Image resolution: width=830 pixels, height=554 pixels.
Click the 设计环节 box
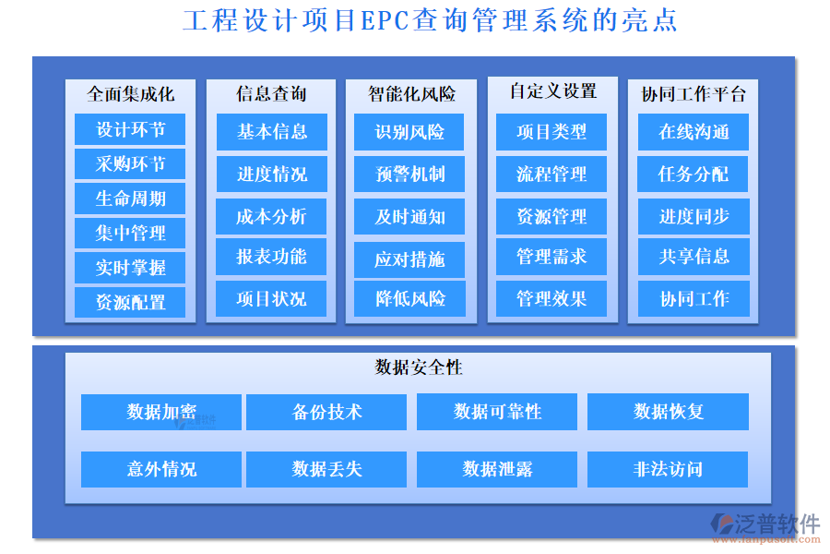point(130,130)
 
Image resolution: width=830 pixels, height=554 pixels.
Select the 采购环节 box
point(130,164)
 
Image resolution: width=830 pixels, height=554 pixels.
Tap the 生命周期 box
point(130,199)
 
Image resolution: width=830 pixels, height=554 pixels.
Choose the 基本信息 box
point(271,131)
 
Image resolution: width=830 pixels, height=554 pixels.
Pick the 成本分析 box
point(271,216)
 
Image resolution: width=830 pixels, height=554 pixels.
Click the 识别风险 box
point(409,131)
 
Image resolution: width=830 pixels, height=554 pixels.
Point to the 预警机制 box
point(409,174)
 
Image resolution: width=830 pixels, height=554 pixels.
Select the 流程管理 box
point(551,174)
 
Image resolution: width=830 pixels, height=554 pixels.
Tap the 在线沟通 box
point(694,131)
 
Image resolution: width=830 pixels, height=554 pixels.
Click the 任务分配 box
point(694,174)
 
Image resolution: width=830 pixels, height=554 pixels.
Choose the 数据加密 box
point(161,412)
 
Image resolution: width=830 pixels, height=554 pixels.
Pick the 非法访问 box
point(668,469)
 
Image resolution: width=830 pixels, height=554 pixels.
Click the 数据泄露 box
point(497,469)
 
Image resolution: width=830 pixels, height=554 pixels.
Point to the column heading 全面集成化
point(130,94)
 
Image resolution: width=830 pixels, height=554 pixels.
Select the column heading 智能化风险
point(411,94)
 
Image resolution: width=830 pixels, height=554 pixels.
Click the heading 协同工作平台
point(694,94)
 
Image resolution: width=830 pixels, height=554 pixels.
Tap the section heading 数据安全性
point(419,367)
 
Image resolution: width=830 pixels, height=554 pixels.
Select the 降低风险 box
point(409,298)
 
